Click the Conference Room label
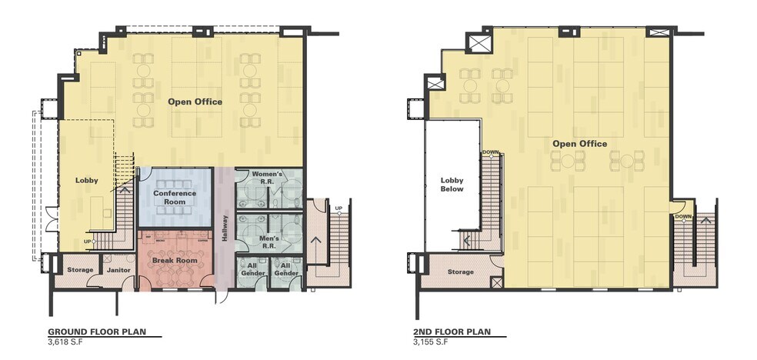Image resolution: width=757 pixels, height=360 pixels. click(175, 197)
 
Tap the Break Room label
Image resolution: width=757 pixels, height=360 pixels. click(175, 261)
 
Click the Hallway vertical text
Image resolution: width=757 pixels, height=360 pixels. click(224, 228)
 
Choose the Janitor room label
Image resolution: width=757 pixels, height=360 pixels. click(117, 270)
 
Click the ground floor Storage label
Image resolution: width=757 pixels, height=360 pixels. click(80, 270)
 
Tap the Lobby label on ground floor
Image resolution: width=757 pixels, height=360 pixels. click(86, 180)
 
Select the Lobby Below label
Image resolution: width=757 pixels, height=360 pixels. click(452, 185)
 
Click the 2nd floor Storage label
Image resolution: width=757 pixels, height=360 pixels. click(462, 272)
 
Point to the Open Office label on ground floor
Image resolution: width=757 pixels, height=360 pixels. click(195, 102)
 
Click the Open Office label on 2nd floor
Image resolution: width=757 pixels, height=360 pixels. click(579, 144)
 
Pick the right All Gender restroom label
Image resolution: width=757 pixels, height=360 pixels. click(286, 269)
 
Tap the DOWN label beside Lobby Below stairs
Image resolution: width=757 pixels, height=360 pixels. click(490, 152)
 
